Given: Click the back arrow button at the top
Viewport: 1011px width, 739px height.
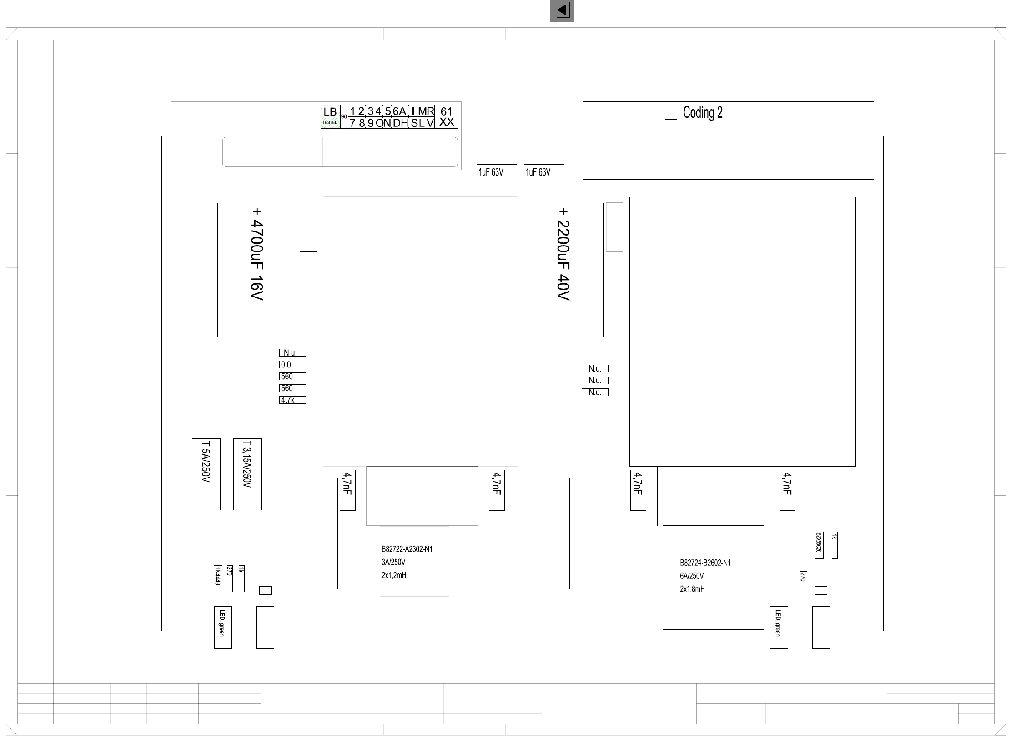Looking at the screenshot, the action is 562,10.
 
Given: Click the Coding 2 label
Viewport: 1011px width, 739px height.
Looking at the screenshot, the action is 703,112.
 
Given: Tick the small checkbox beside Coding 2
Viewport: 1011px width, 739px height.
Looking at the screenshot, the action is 671,111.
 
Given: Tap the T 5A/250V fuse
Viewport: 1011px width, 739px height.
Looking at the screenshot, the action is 206,474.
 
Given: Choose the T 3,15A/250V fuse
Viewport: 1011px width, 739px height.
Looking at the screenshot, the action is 247,474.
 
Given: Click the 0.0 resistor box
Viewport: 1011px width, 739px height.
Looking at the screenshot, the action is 292,364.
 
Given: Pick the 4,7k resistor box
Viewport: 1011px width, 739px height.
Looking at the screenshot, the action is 292,400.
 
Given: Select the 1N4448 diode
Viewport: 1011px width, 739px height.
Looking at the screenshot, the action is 218,578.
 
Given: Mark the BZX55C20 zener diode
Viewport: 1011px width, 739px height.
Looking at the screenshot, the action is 819,545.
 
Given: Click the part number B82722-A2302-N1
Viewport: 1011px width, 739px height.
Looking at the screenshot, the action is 407,549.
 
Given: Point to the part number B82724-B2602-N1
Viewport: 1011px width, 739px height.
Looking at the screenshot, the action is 705,563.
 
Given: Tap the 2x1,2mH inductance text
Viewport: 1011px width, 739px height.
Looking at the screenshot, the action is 394,575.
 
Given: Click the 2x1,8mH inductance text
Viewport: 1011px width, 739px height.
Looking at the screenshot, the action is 692,589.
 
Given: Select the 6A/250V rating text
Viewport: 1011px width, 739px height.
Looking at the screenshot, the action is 692,576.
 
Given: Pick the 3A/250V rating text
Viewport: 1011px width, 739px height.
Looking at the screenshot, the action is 393,562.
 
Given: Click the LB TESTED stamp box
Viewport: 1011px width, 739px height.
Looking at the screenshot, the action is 330,116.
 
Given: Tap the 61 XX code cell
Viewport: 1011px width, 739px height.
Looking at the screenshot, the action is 447,116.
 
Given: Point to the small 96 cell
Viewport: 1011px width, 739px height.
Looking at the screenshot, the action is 344,117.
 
